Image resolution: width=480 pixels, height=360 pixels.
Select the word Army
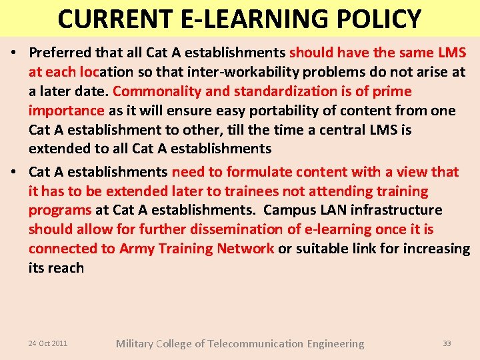[x=137, y=249]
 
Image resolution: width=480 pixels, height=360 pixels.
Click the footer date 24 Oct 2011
[x=47, y=343]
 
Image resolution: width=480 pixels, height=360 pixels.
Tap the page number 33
[x=447, y=343]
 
